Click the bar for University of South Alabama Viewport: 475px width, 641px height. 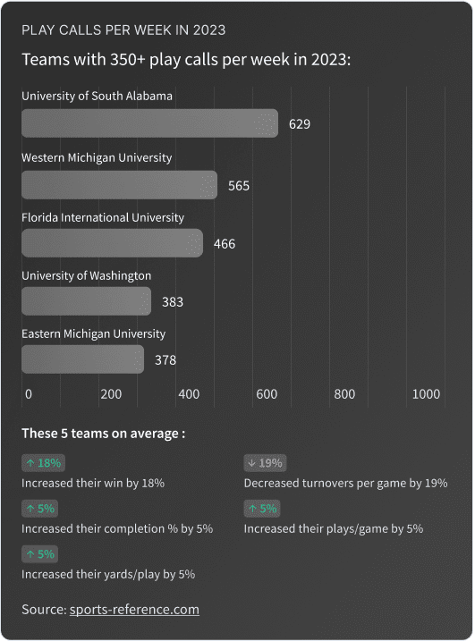[149, 123]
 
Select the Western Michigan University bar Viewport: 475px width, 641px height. [119, 185]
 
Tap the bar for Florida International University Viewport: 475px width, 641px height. [112, 243]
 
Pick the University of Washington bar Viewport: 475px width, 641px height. [86, 301]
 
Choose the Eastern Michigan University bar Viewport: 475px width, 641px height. [82, 359]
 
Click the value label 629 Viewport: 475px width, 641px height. [300, 124]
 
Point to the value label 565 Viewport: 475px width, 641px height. [239, 186]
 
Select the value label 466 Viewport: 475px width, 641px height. [225, 244]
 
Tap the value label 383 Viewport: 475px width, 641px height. [173, 302]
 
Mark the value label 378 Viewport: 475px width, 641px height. [165, 360]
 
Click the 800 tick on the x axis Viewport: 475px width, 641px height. [344, 394]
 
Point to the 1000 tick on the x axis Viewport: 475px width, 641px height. [427, 394]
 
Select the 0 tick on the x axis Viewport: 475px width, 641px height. [29, 394]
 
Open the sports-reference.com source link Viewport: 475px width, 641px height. [134, 610]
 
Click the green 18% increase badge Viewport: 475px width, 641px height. [42, 463]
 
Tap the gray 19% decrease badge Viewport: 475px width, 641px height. [265, 463]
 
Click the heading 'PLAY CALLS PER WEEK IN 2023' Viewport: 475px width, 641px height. [123, 30]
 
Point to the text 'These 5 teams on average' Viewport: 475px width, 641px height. [103, 434]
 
